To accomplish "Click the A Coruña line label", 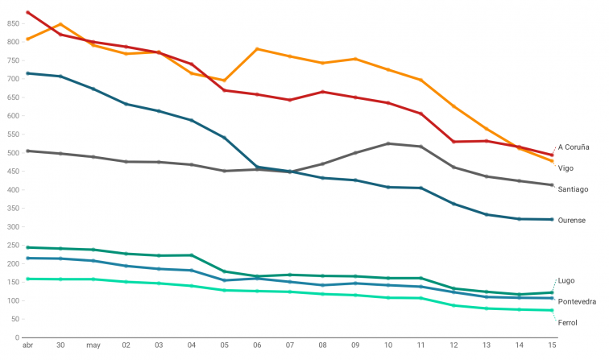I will point(574,147).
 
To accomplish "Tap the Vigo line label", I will point(565,168).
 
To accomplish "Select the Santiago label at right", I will point(573,189).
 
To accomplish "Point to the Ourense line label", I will point(572,220).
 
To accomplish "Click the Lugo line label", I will point(565,280).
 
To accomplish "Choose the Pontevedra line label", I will point(577,301).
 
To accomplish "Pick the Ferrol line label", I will point(568,322).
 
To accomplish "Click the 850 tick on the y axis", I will point(13,23).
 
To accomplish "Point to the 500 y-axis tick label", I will point(13,152).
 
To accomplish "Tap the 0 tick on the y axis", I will point(17,337).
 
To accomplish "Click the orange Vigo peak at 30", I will point(60,24).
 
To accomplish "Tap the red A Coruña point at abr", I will point(27,13).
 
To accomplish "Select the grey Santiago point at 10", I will point(388,143).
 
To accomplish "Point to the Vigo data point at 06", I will point(257,49).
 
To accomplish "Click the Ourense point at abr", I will point(27,73).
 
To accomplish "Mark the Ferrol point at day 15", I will point(552,310).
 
